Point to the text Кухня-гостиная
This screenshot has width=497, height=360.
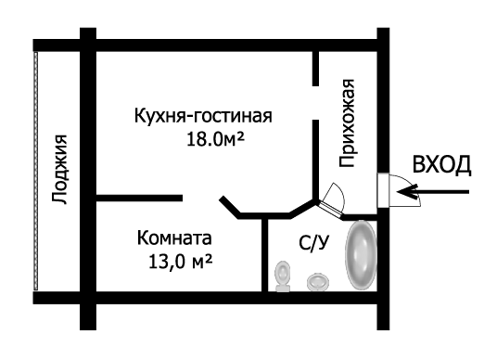[x=202, y=117]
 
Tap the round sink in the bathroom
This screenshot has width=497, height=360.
[x=318, y=279]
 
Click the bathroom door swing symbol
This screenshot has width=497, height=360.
[x=332, y=196]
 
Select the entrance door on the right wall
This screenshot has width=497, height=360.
[x=384, y=191]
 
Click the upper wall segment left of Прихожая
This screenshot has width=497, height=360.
[x=315, y=66]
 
